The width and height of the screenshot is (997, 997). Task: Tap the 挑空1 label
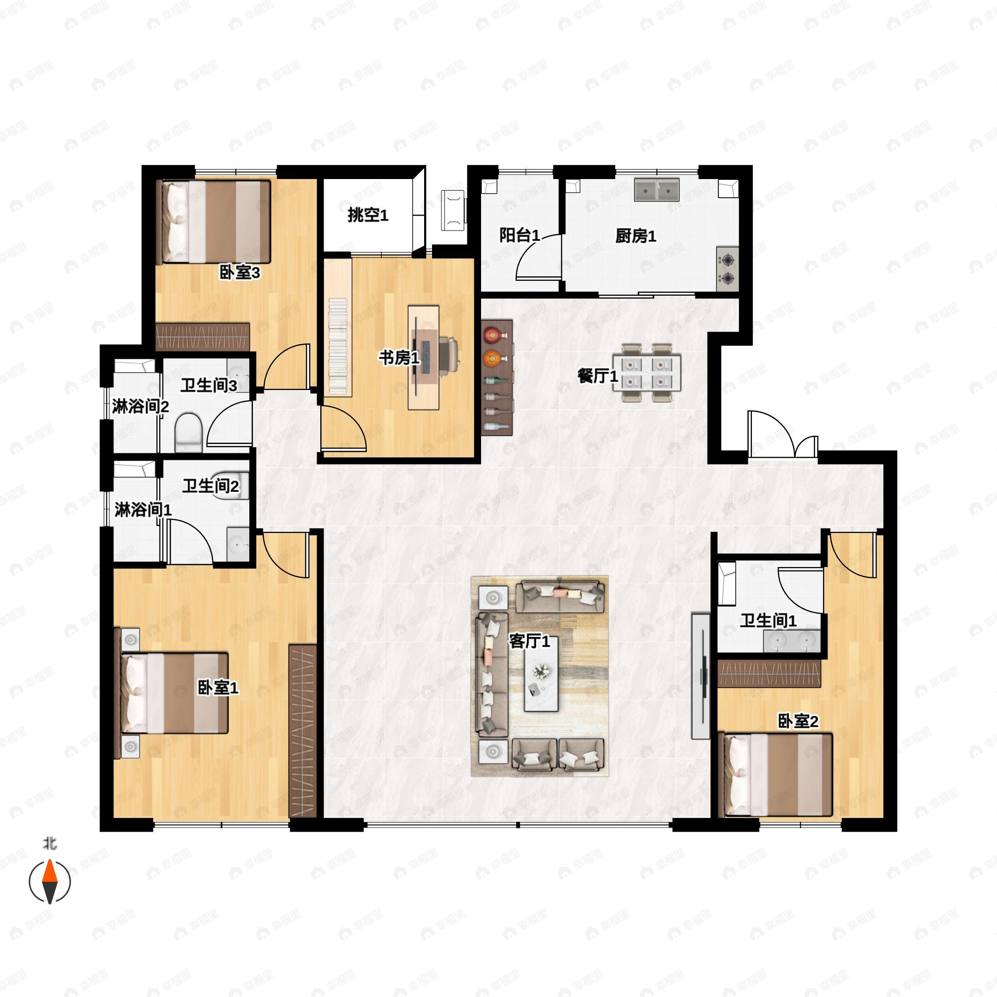tap(367, 215)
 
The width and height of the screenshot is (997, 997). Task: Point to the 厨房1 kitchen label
tap(635, 236)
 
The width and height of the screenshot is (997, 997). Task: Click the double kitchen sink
tap(656, 190)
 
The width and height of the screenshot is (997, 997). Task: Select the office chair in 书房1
tap(449, 355)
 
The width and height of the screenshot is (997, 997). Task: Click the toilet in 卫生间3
tap(188, 432)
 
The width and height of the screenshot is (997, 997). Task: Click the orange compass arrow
tap(49, 872)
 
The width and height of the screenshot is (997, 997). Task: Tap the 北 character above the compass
tap(49, 844)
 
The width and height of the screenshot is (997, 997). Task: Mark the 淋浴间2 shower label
tap(140, 407)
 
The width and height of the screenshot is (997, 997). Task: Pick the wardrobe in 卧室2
tap(769, 674)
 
